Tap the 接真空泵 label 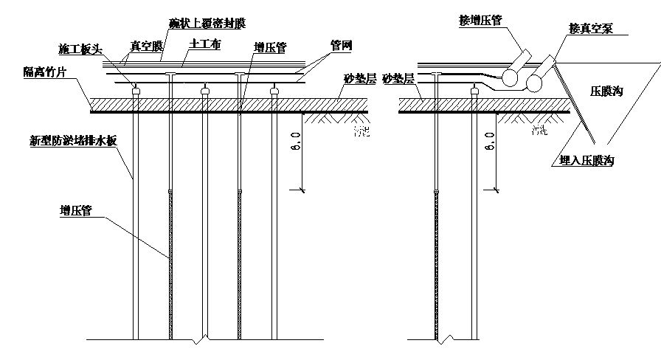click(592, 30)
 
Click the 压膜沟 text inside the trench click(607, 92)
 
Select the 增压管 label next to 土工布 click(271, 46)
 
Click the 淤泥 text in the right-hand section click(543, 131)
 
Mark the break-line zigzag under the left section click(194, 340)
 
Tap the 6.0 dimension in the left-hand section click(295, 141)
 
